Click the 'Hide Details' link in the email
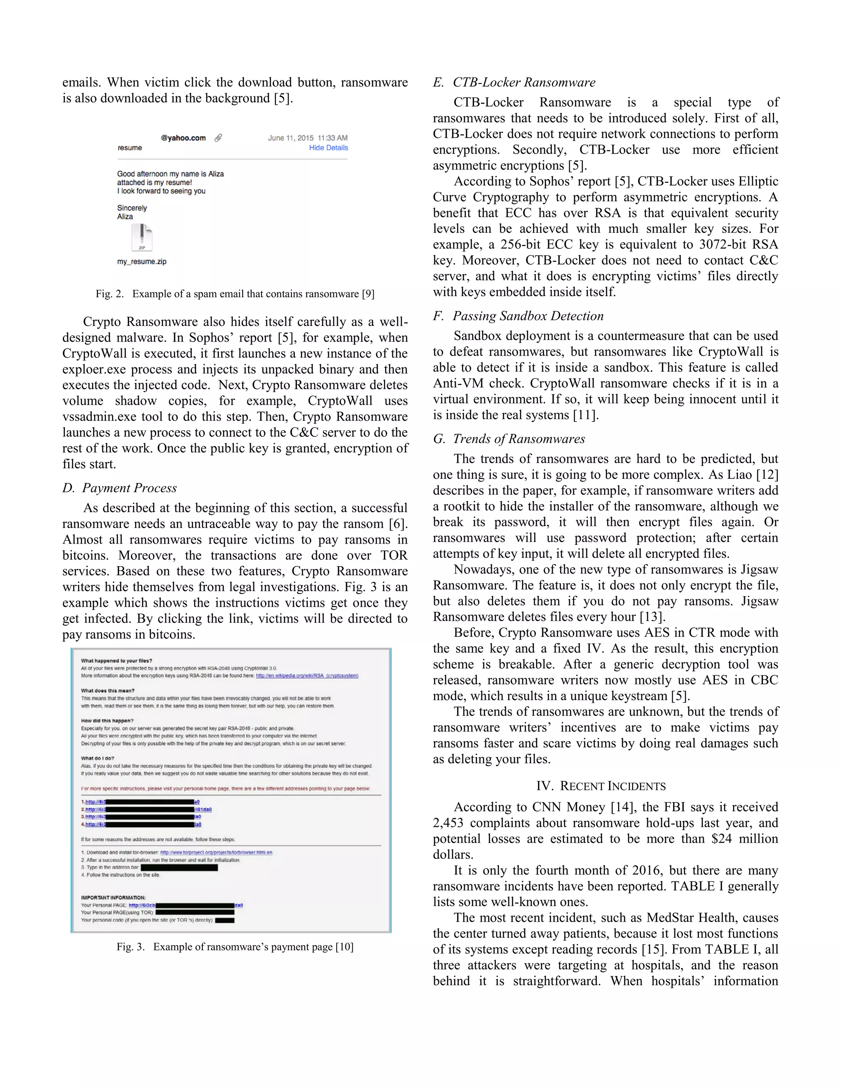[x=329, y=147]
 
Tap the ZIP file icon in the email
[x=142, y=238]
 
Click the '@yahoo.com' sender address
[x=183, y=138]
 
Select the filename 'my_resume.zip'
[x=142, y=262]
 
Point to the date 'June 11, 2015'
[x=291, y=138]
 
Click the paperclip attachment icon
[x=218, y=138]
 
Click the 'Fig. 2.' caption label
[x=110, y=294]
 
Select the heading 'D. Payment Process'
[x=119, y=488]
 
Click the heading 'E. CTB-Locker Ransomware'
[x=514, y=83]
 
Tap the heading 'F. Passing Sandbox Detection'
[x=518, y=316]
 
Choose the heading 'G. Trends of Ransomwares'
[x=509, y=439]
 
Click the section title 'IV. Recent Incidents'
[x=601, y=786]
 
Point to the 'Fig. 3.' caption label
[x=131, y=947]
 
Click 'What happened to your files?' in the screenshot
[x=117, y=661]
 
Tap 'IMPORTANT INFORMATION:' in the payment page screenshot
[x=114, y=897]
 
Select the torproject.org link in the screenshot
[x=216, y=852]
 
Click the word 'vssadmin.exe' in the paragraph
[x=100, y=417]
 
